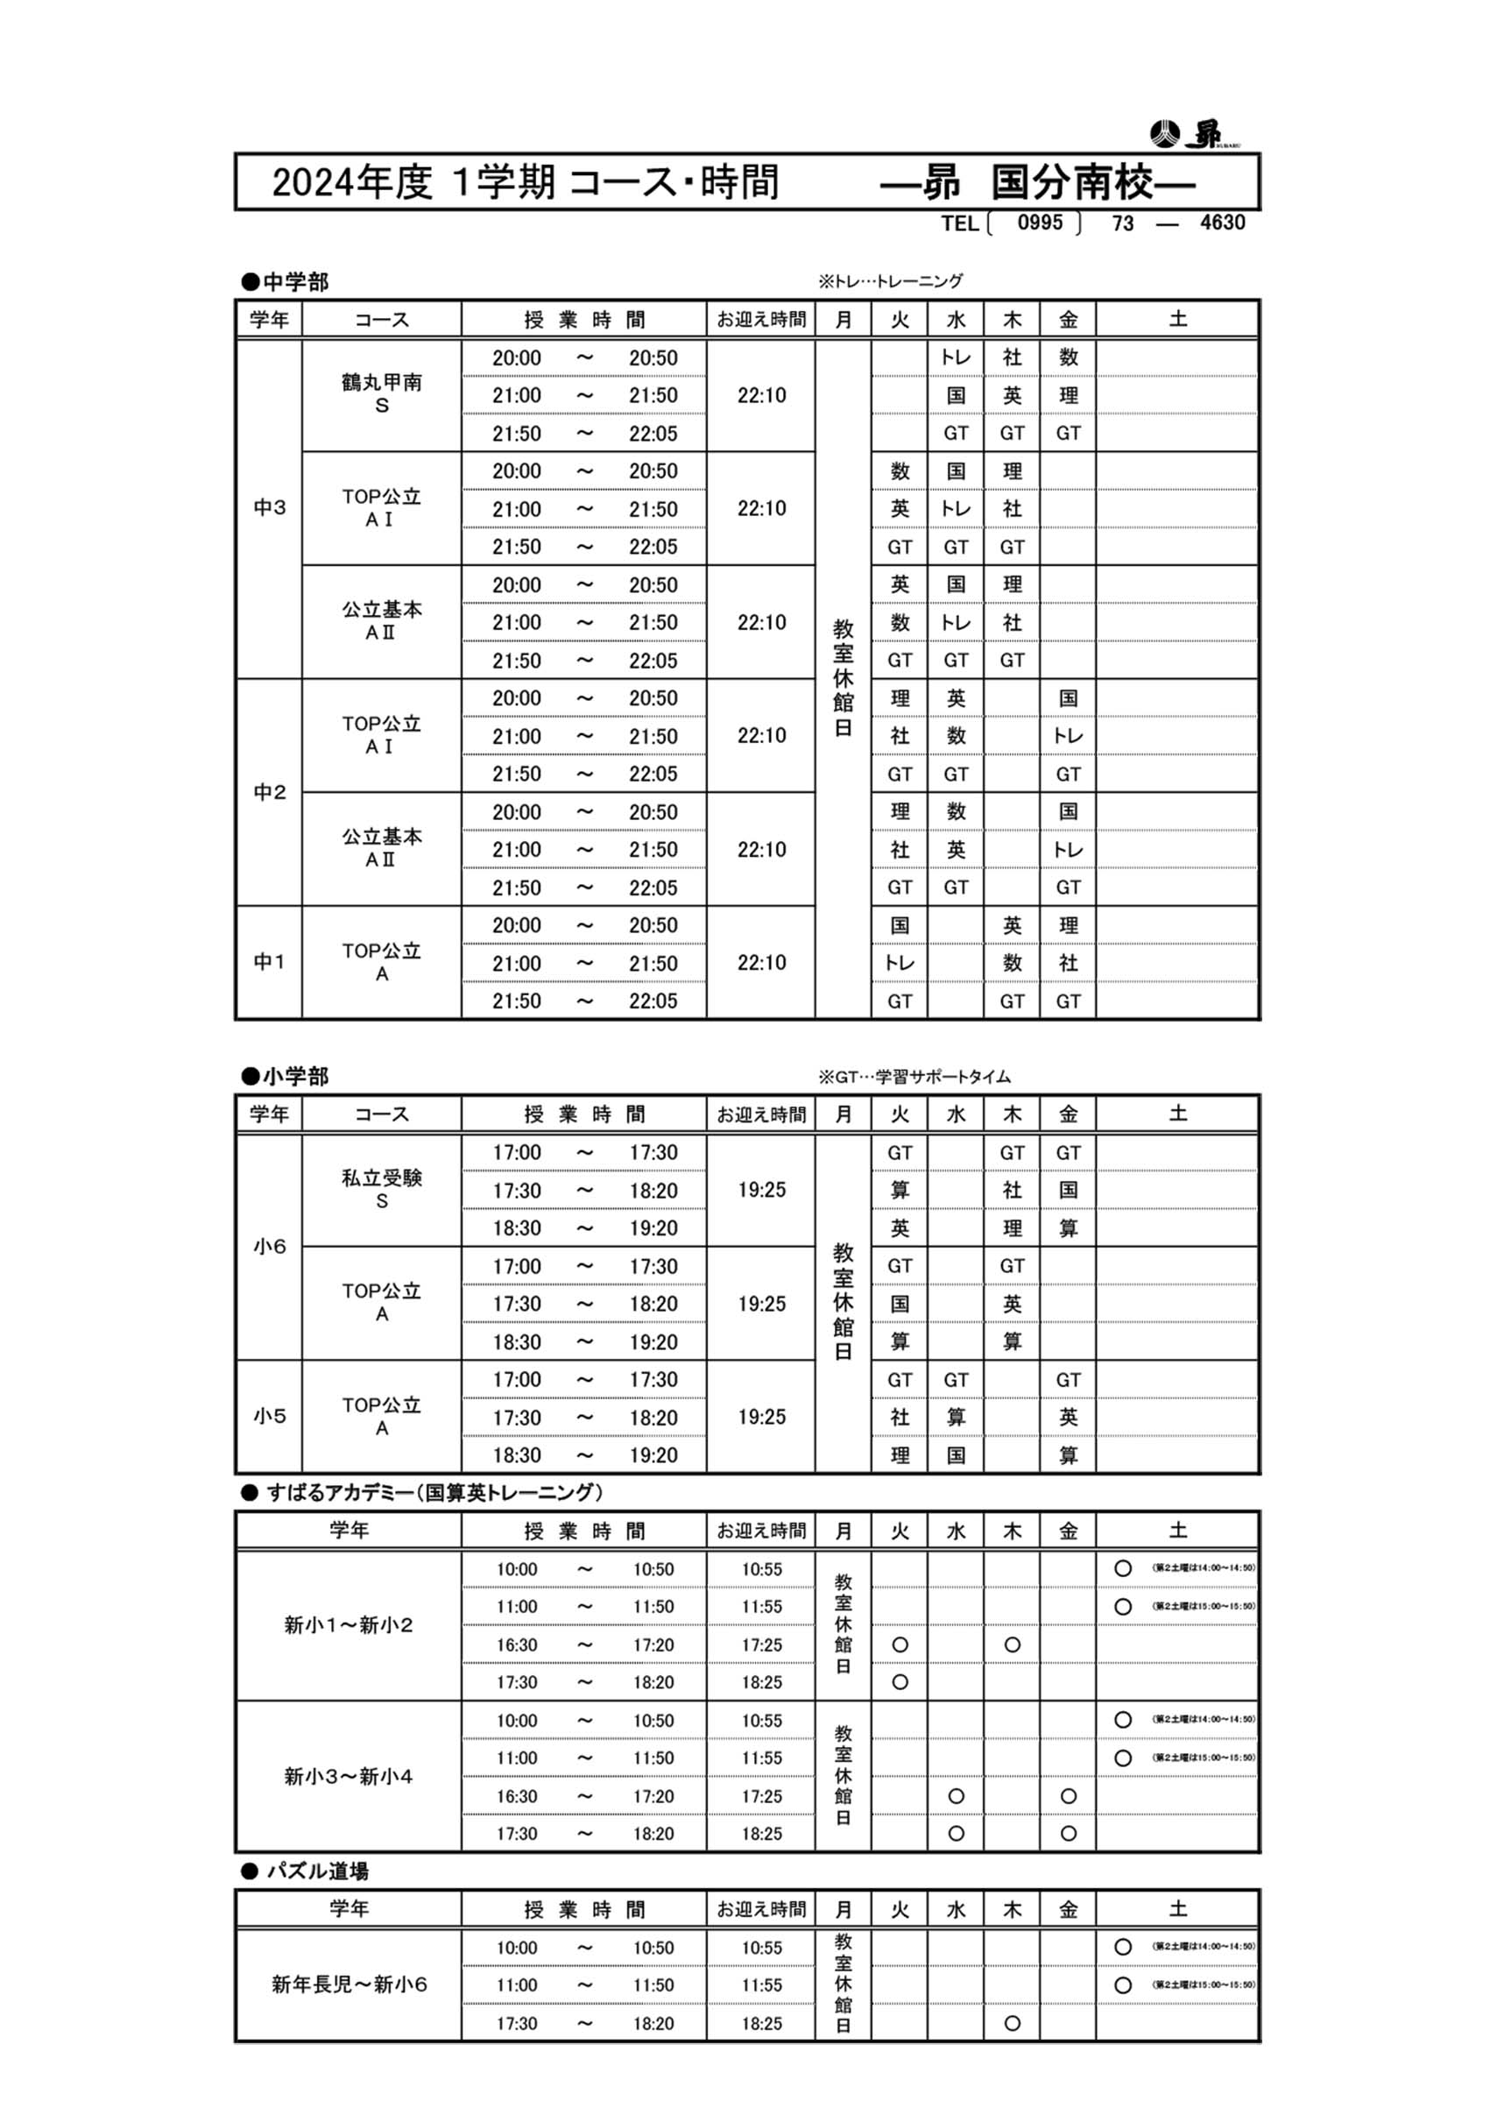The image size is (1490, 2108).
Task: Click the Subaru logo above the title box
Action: [1186, 134]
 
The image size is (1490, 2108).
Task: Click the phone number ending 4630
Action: [1222, 223]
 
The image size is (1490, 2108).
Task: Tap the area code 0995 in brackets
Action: [1039, 223]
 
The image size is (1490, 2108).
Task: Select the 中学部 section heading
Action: [286, 283]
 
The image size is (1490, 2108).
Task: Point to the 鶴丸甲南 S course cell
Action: [382, 394]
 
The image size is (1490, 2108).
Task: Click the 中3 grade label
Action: [269, 507]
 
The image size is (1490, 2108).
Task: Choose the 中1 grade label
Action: [269, 962]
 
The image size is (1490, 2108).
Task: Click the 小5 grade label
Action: [269, 1416]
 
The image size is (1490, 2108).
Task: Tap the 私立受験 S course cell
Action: [382, 1189]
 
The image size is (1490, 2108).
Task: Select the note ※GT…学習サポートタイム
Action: [914, 1077]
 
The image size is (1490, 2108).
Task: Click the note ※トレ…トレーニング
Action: [891, 282]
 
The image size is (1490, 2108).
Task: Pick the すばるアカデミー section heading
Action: [424, 1493]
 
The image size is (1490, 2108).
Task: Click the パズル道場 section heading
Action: [307, 1871]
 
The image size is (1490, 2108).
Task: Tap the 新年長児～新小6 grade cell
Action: [349, 1984]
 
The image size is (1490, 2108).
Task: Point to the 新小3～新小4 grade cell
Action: [349, 1777]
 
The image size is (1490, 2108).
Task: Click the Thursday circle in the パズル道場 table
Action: [1012, 2023]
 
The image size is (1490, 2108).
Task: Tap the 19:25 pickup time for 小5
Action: [761, 1417]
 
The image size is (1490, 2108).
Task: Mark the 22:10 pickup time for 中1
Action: [761, 963]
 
